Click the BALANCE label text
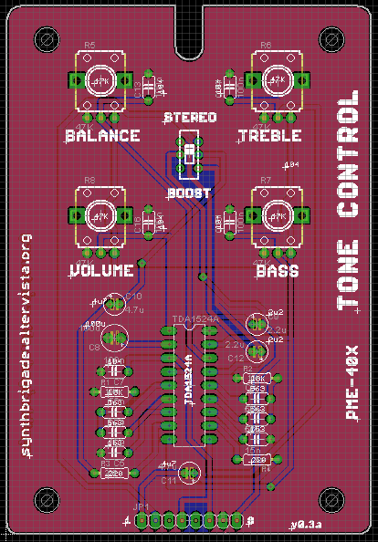(102, 136)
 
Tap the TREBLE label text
(270, 136)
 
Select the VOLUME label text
(100, 270)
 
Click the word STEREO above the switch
(190, 118)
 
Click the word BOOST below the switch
(189, 193)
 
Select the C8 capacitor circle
(115, 338)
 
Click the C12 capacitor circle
(257, 349)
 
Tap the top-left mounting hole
(45, 39)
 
